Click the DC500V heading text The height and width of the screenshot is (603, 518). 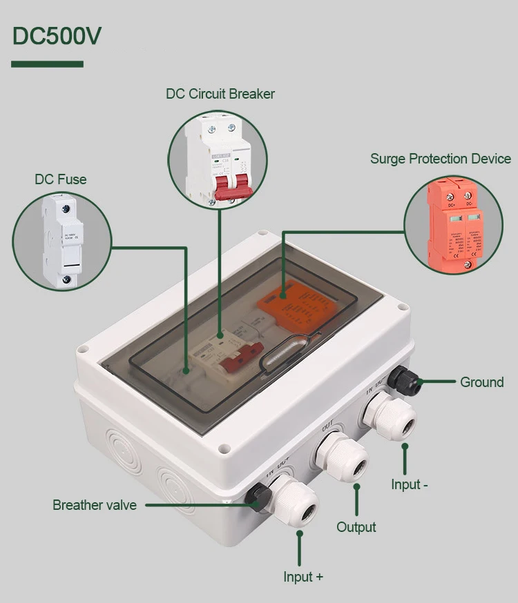click(57, 36)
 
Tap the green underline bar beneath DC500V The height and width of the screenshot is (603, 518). click(47, 64)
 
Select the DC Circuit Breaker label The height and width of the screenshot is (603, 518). click(220, 94)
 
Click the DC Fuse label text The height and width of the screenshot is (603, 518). click(61, 179)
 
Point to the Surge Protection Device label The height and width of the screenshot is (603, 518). click(440, 159)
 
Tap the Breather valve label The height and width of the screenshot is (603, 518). click(95, 505)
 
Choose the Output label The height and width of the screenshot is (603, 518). click(356, 527)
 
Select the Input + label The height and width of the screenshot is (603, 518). click(303, 577)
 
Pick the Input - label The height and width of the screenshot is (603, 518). click(410, 484)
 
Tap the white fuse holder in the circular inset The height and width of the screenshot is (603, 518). click(61, 241)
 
